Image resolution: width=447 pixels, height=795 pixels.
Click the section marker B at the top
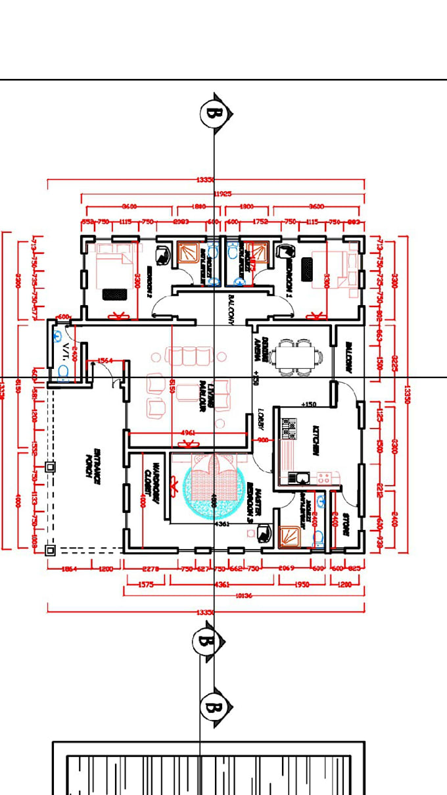(214, 113)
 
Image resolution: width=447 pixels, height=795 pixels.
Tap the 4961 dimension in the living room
(188, 433)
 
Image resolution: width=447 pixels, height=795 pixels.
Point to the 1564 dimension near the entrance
(105, 360)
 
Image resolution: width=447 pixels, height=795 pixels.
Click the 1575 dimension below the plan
(146, 583)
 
